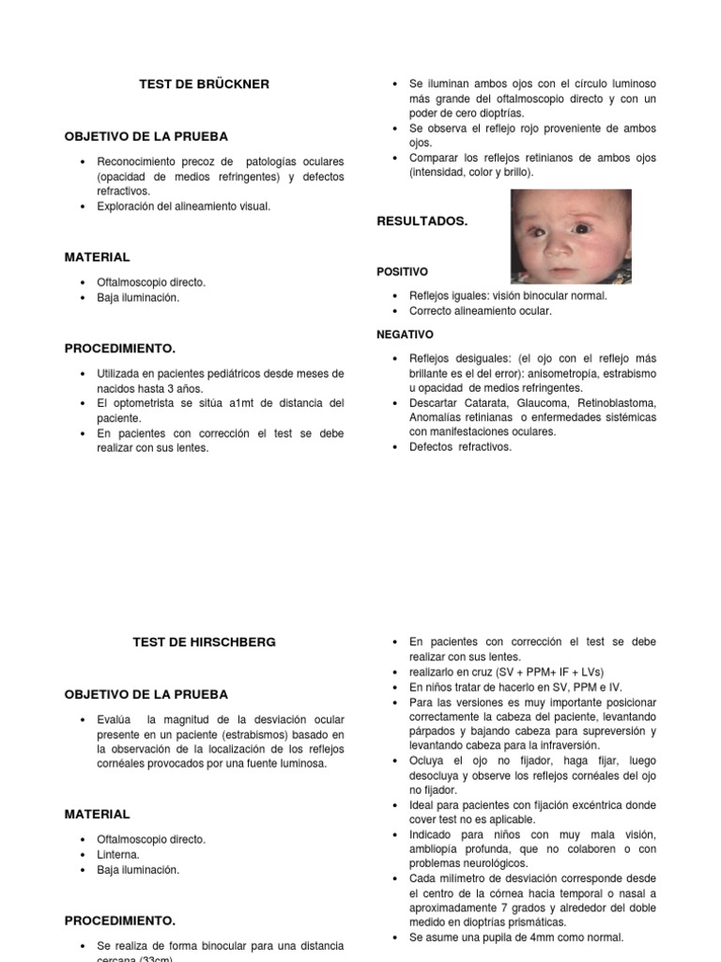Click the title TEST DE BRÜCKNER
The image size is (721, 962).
point(204,85)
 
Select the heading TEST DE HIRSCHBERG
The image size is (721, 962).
point(204,643)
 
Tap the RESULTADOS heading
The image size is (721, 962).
point(422,222)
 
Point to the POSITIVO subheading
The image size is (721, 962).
point(402,272)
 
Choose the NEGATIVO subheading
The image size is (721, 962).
point(405,334)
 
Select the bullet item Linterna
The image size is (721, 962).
point(119,855)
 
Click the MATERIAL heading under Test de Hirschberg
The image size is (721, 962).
point(98,815)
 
